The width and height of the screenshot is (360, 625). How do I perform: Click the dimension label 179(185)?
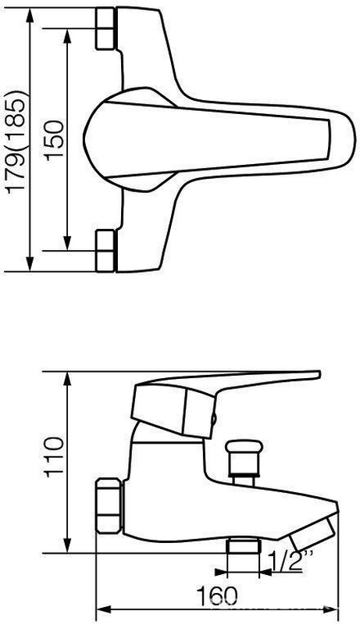click(17, 143)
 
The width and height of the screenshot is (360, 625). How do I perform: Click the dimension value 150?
click(55, 140)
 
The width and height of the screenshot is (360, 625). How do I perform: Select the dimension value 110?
click(55, 457)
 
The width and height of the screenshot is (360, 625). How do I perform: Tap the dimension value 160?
click(217, 596)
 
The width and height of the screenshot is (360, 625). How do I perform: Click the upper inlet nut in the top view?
click(105, 29)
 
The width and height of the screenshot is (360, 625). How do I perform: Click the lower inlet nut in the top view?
click(105, 251)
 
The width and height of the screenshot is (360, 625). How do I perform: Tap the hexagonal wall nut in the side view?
click(109, 505)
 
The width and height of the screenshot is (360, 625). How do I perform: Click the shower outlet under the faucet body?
click(244, 546)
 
